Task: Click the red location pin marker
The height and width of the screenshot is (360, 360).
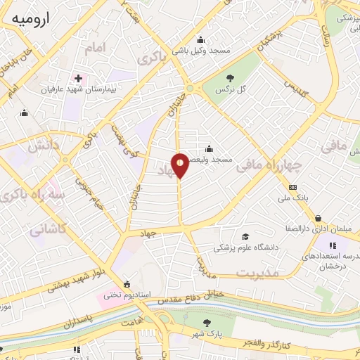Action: (x=180, y=165)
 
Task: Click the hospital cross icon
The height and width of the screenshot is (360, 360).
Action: (x=78, y=78)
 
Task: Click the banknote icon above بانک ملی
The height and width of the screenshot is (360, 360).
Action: (x=293, y=188)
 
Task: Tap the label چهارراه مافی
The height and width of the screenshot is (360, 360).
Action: (x=269, y=166)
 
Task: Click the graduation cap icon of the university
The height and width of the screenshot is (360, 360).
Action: (x=245, y=237)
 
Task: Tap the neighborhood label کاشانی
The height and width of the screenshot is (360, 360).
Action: (x=49, y=229)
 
